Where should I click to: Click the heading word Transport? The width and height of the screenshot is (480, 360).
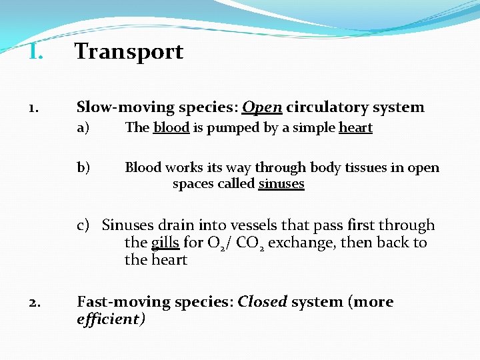click(129, 51)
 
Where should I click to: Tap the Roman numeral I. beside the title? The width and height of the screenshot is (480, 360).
click(36, 51)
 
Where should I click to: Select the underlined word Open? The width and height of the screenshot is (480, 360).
click(262, 107)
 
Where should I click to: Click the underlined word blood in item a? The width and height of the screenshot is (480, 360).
click(171, 128)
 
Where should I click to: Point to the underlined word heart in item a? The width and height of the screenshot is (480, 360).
click(355, 128)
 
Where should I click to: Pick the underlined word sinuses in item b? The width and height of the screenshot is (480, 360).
click(281, 184)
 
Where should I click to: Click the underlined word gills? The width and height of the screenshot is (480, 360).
click(165, 243)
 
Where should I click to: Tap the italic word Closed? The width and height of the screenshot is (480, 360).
click(262, 302)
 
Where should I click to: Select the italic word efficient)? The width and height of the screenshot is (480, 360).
click(111, 319)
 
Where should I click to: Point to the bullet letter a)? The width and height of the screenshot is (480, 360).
click(83, 128)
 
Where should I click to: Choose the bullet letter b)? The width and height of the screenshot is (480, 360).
click(84, 167)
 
